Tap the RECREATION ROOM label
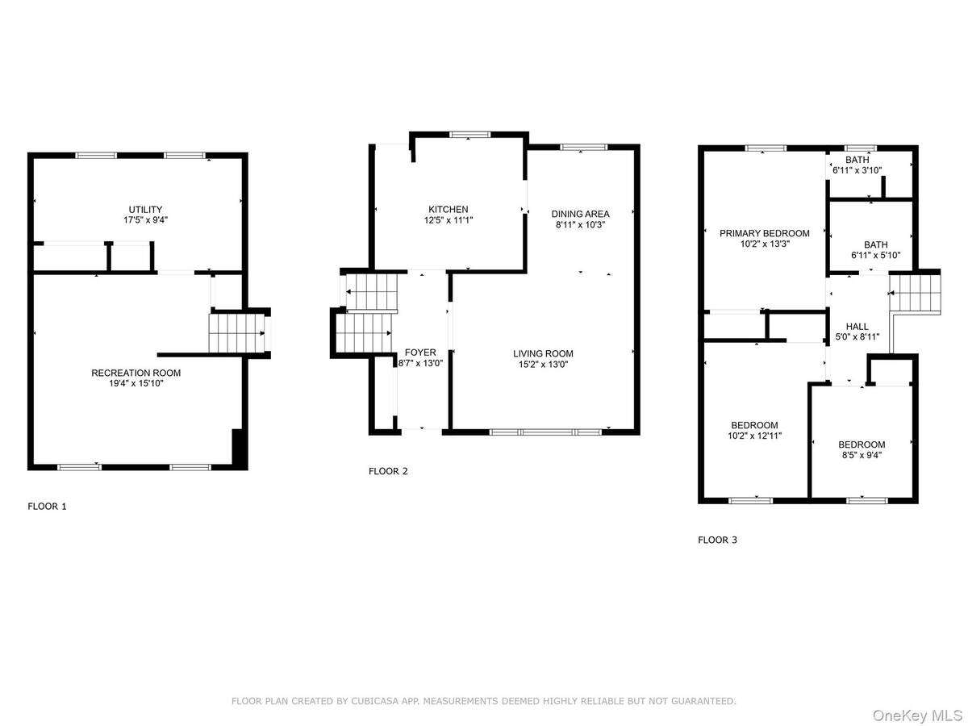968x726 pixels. [x=136, y=373]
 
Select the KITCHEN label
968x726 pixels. [x=448, y=209]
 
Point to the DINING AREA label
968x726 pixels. [x=580, y=214]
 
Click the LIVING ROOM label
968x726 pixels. [x=543, y=353]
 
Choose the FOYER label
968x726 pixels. [x=420, y=353]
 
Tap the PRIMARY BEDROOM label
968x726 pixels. [x=764, y=233]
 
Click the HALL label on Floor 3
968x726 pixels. [x=857, y=327]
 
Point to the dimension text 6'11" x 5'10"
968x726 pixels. [x=875, y=255]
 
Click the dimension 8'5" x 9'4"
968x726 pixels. [x=861, y=454]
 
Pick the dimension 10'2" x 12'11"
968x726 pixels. [x=754, y=436]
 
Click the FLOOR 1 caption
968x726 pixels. [x=48, y=507]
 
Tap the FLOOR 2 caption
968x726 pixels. [x=388, y=471]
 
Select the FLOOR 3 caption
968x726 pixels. [x=717, y=540]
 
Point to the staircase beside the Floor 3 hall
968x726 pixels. [x=915, y=292]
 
